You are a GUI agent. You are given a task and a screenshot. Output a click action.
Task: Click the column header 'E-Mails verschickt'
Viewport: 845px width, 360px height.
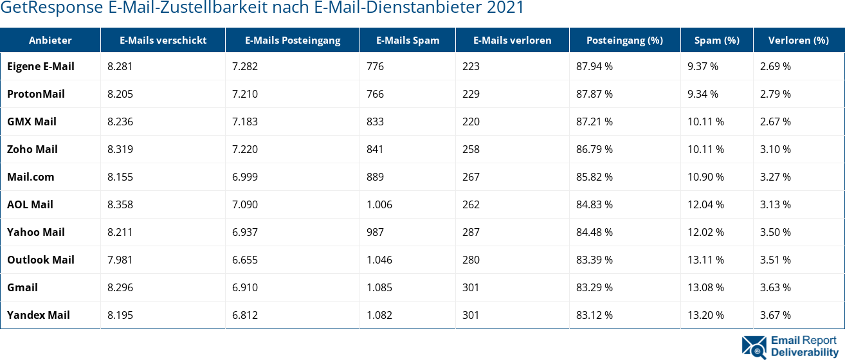(163, 40)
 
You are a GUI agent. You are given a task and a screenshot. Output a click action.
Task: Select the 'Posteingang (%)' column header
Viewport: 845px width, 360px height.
(624, 40)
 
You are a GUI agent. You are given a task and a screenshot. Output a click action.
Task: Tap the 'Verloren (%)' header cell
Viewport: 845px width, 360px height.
(798, 40)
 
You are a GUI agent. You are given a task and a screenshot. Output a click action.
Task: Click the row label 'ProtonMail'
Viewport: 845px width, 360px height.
(36, 94)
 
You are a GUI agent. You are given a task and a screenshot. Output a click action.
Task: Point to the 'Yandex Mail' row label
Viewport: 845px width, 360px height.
(39, 315)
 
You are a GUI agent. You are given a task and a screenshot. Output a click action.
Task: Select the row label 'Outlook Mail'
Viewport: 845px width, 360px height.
(41, 260)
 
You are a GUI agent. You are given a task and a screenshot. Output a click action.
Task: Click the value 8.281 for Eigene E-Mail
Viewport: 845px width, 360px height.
(120, 66)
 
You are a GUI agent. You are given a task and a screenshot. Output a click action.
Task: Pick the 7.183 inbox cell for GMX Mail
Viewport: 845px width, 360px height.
(245, 122)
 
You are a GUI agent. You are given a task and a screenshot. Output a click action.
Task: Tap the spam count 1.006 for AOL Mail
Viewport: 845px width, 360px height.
(379, 204)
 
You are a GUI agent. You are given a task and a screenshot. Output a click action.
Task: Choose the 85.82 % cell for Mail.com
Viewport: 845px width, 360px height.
(594, 177)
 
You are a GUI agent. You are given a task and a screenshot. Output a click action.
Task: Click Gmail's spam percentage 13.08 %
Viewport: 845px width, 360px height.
(705, 287)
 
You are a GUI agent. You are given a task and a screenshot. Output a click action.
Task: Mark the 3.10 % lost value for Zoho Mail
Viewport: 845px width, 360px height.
(775, 149)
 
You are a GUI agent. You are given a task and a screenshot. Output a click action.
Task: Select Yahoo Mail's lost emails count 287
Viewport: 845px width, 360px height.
(471, 232)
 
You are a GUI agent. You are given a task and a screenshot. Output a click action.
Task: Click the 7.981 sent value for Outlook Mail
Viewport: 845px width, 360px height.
(120, 260)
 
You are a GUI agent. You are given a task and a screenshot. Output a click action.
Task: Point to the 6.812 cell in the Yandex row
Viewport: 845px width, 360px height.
(245, 315)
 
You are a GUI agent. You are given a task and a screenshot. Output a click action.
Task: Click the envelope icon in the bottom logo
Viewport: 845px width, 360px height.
(754, 346)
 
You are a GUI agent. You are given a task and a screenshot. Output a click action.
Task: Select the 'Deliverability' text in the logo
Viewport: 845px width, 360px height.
(804, 352)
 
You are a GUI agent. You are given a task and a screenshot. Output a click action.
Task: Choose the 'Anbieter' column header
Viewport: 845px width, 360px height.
(50, 40)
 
